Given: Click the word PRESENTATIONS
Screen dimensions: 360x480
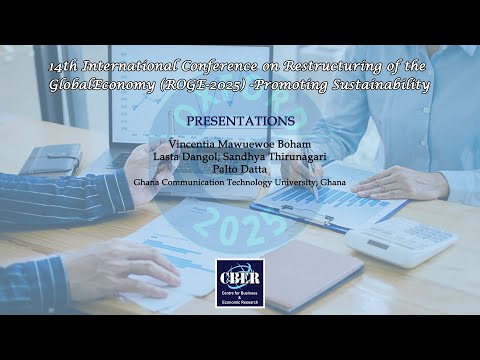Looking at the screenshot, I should pyautogui.click(x=240, y=120).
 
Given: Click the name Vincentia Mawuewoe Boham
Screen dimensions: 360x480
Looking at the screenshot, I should pyautogui.click(x=239, y=145).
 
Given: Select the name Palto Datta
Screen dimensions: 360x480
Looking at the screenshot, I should pyautogui.click(x=240, y=170).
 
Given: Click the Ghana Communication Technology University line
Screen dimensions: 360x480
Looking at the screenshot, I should pyautogui.click(x=240, y=182).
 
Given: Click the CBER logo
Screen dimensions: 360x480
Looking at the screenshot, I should pyautogui.click(x=240, y=278).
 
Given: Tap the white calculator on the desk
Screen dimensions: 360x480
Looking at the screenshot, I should pyautogui.click(x=399, y=240).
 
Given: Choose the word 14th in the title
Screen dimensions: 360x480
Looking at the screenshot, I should pyautogui.click(x=66, y=66).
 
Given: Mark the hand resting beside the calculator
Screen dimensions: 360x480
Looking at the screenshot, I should pyautogui.click(x=400, y=183).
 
